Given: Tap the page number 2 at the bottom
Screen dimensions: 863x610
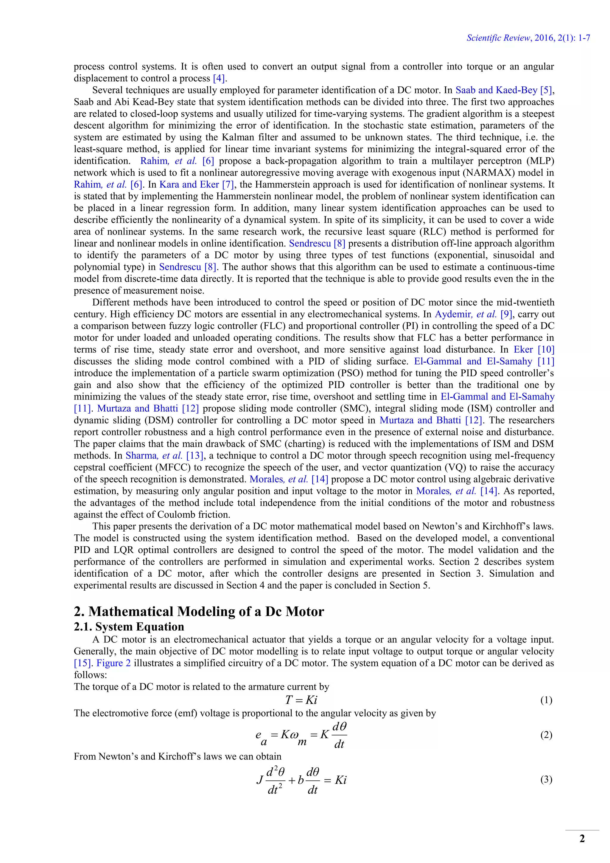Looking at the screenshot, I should click(582, 839).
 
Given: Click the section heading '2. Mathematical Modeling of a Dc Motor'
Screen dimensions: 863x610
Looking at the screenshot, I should click(199, 611).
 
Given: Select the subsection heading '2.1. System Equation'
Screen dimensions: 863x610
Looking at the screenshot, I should click(129, 627).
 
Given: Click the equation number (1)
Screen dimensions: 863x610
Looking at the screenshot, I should click(546, 700).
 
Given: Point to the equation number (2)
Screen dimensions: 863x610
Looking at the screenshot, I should click(546, 735).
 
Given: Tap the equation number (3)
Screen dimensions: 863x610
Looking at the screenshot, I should click(546, 780).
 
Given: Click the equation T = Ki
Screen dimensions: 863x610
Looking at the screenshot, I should click(301, 700).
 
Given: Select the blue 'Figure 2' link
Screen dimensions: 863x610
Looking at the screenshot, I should click(113, 663).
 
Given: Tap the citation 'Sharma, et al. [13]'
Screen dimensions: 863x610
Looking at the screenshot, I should click(164, 456).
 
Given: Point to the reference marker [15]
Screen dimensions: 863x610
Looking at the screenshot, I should click(82, 663).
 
